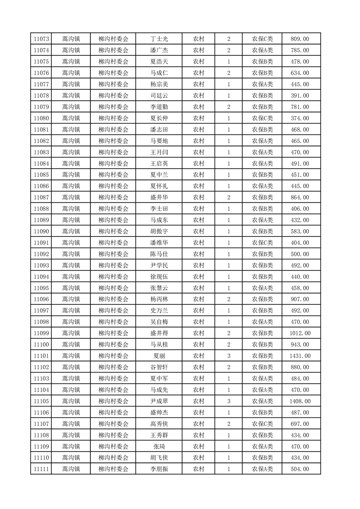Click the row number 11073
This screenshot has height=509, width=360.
point(41,39)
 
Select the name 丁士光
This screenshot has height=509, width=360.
point(159,39)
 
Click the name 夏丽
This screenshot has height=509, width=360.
point(159,356)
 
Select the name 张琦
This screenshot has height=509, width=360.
point(159,446)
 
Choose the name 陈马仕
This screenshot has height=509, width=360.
point(159,254)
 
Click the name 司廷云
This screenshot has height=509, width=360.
point(159,96)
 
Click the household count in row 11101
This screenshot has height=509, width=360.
point(228,356)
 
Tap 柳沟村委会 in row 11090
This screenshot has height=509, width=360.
point(113,231)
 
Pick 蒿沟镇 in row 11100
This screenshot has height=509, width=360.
point(71,344)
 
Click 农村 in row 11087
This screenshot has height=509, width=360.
point(198,197)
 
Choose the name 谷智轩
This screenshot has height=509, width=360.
point(159,367)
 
